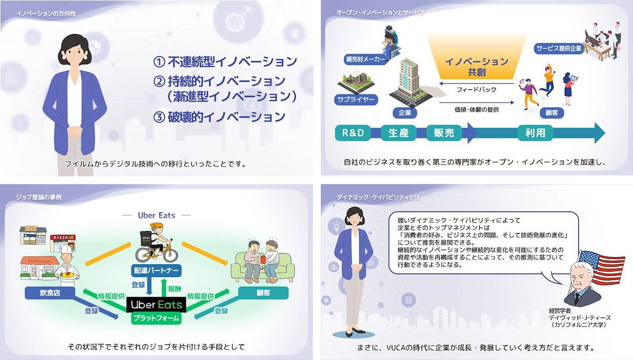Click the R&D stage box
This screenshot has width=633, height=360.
click(x=353, y=133)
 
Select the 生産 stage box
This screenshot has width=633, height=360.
click(x=398, y=133)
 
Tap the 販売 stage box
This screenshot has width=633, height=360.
click(x=444, y=133)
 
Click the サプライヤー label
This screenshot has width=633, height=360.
click(x=355, y=99)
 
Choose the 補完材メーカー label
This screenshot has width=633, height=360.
click(x=365, y=60)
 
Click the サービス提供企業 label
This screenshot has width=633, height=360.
click(x=559, y=47)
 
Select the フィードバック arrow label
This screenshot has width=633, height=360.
click(x=476, y=90)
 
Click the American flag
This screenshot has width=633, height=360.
click(x=602, y=267)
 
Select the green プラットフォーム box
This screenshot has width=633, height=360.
click(x=156, y=319)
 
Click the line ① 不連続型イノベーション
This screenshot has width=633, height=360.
click(x=225, y=62)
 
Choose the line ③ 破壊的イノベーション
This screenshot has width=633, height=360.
click(x=219, y=117)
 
